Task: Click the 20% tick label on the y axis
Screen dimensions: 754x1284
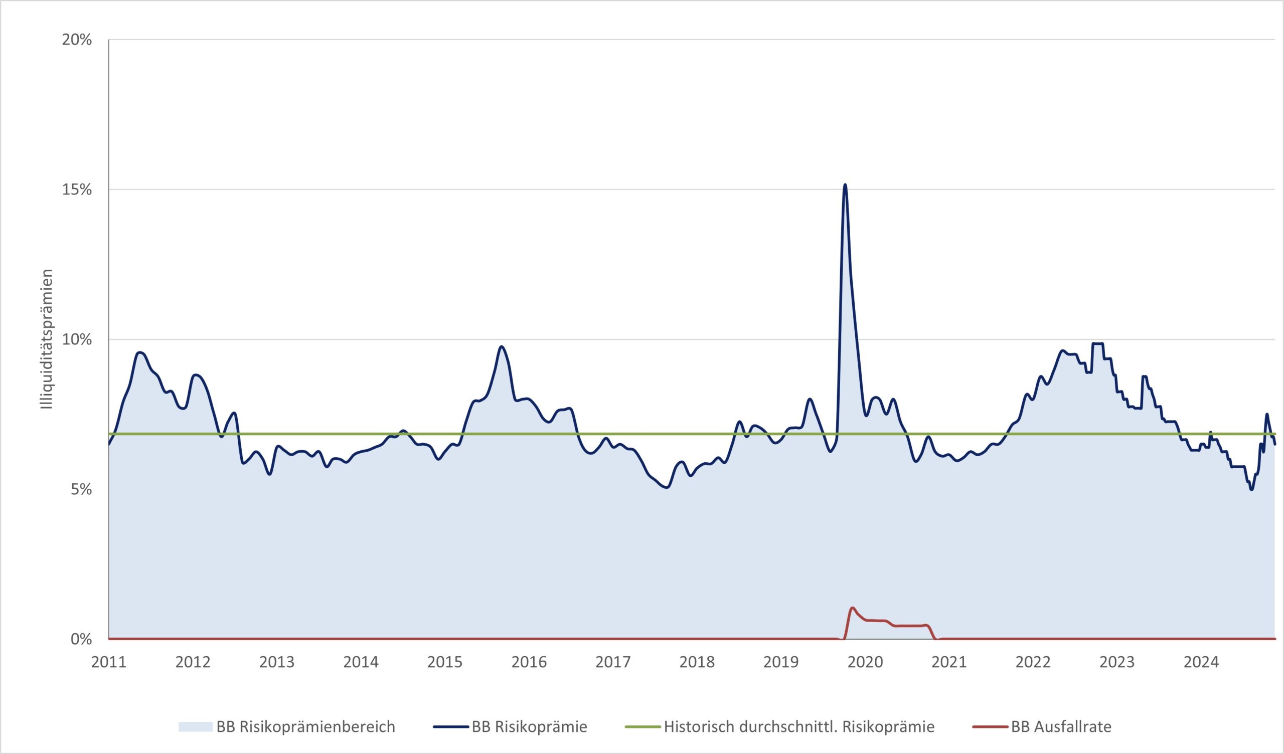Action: pyautogui.click(x=76, y=40)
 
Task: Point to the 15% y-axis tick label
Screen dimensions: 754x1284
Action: pyautogui.click(x=76, y=190)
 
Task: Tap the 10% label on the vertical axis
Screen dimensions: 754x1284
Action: pyautogui.click(x=76, y=339)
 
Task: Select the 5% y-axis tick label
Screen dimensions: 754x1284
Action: pyautogui.click(x=81, y=490)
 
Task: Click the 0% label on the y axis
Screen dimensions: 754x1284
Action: pyautogui.click(x=81, y=639)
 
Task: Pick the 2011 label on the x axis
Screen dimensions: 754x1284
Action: pyautogui.click(x=108, y=662)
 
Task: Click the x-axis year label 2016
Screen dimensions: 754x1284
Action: pyautogui.click(x=529, y=662)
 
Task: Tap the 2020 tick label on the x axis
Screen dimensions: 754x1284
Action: pyautogui.click(x=865, y=662)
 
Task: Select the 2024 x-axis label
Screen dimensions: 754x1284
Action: pyautogui.click(x=1201, y=662)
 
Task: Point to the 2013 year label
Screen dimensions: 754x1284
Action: pyautogui.click(x=277, y=662)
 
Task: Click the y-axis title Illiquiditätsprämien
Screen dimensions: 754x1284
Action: pyautogui.click(x=47, y=339)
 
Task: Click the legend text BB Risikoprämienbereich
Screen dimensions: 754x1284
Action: pyautogui.click(x=306, y=726)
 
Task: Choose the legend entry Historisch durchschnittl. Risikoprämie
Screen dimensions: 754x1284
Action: pyautogui.click(x=799, y=726)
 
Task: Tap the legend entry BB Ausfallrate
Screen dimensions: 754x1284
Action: pyautogui.click(x=1061, y=726)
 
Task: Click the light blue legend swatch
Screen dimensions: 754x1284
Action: pyautogui.click(x=195, y=726)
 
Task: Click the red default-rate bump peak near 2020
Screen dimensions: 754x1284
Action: pyautogui.click(x=852, y=608)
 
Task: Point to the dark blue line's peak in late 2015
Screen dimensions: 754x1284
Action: pyautogui.click(x=502, y=346)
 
